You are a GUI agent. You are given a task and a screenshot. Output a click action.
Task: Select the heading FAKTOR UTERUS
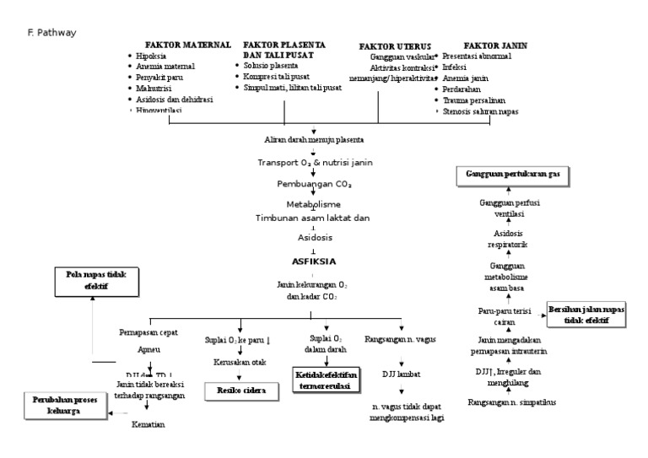coord(395,46)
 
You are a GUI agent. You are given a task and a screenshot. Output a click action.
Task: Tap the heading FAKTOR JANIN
coord(494,45)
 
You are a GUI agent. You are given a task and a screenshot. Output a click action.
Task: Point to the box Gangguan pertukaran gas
coord(513,175)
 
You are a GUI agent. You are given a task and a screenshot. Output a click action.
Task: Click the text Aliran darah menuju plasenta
coord(313,138)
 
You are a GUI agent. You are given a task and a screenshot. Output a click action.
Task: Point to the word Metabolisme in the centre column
coord(313,204)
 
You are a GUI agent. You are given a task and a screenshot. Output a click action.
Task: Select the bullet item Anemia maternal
coord(165,67)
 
